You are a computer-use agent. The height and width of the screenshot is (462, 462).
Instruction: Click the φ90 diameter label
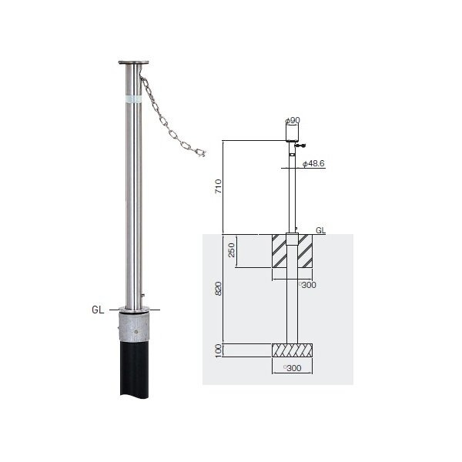[293, 120]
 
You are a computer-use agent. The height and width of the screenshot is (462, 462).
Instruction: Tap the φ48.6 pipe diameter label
[313, 163]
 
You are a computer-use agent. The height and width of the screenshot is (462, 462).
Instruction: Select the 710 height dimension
[219, 186]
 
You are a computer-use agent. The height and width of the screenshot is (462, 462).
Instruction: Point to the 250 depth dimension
[232, 249]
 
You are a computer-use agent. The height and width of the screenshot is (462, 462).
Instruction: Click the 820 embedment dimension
[219, 289]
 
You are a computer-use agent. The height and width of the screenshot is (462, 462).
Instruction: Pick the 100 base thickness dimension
[219, 350]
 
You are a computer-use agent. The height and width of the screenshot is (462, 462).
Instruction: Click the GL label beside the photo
[98, 310]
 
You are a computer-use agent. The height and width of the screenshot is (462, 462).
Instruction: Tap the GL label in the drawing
[320, 230]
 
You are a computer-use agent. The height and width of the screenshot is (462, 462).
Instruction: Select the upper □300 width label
[307, 285]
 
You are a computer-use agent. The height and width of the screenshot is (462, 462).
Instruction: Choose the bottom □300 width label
[292, 368]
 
